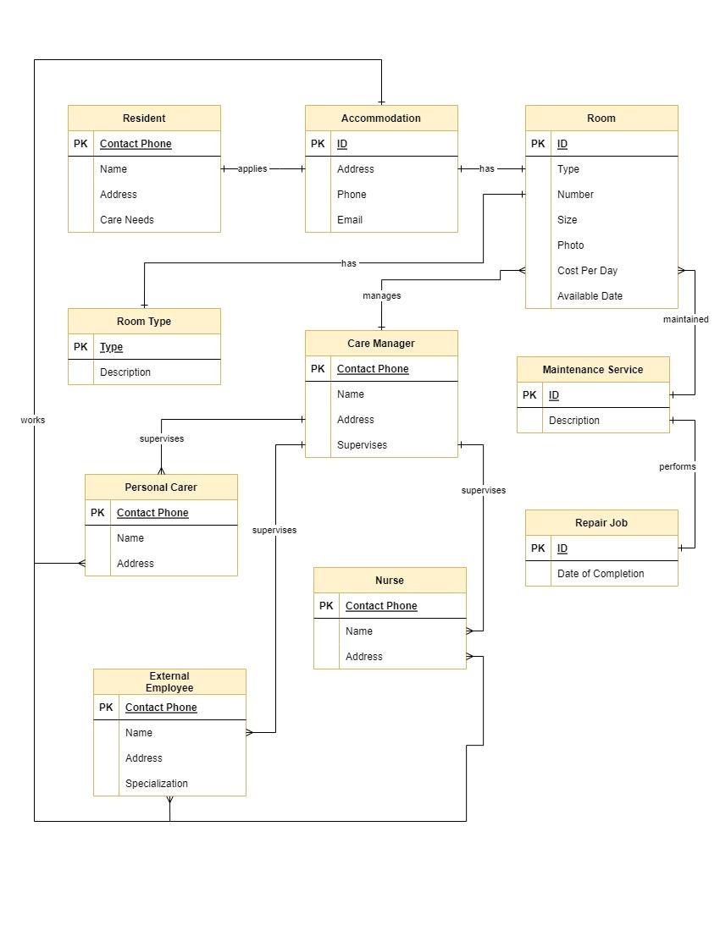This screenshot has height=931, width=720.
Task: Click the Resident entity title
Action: pyautogui.click(x=144, y=118)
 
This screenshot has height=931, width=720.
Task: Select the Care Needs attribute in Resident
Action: pyautogui.click(x=126, y=220)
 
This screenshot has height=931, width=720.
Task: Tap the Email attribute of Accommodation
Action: pyautogui.click(x=349, y=220)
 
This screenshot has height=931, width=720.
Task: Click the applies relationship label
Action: pyautogui.click(x=252, y=168)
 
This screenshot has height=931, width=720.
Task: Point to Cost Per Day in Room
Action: pyautogui.click(x=587, y=271)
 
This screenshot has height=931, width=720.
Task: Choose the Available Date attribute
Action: pyautogui.click(x=590, y=295)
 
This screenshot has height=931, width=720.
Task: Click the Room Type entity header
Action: pyautogui.click(x=144, y=322)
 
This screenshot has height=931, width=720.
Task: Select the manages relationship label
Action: pyautogui.click(x=381, y=295)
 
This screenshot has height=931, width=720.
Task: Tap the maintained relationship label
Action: pyautogui.click(x=685, y=319)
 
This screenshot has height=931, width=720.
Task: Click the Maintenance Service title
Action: pyautogui.click(x=593, y=369)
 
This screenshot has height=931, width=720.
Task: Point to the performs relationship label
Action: pyautogui.click(x=678, y=466)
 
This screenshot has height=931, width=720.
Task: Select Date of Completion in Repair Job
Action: pyautogui.click(x=601, y=574)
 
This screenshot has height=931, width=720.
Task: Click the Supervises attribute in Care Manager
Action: pyautogui.click(x=362, y=444)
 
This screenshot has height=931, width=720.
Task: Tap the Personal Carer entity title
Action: pyautogui.click(x=161, y=487)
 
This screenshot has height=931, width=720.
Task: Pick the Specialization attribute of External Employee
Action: pyautogui.click(x=156, y=784)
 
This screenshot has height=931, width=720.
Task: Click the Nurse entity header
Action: pyautogui.click(x=389, y=580)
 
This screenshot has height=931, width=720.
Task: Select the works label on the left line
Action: pyautogui.click(x=33, y=420)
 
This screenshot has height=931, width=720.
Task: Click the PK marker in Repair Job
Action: pyautogui.click(x=538, y=548)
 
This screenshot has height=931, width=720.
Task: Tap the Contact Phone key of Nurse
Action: pyautogui.click(x=381, y=606)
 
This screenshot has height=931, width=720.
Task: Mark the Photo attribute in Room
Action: pyautogui.click(x=570, y=245)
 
